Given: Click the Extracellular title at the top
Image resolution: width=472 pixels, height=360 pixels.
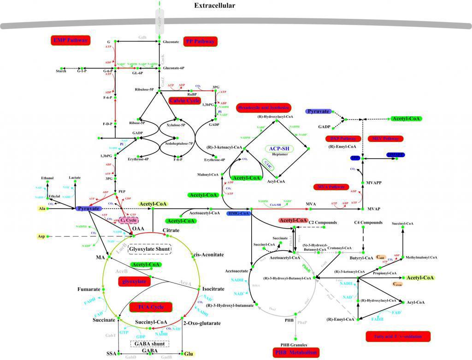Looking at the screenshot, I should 214,6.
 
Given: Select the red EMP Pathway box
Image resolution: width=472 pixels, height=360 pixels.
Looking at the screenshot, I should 71,41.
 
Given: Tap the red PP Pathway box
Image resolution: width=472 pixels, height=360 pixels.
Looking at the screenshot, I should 200,41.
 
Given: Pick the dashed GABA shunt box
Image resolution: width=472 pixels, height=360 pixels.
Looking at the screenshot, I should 150,343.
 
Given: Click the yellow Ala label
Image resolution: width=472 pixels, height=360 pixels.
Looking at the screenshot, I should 41,209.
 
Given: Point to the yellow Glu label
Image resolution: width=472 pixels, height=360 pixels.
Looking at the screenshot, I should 188,354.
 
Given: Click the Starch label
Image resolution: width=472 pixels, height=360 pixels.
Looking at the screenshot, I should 61,71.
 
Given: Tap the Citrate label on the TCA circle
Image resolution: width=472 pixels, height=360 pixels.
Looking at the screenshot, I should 171,230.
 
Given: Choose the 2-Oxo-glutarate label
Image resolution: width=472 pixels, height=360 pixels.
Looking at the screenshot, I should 201,323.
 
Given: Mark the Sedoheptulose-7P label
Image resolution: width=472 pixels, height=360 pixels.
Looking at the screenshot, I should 177,143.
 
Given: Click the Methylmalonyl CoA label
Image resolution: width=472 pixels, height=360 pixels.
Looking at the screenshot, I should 421,257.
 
